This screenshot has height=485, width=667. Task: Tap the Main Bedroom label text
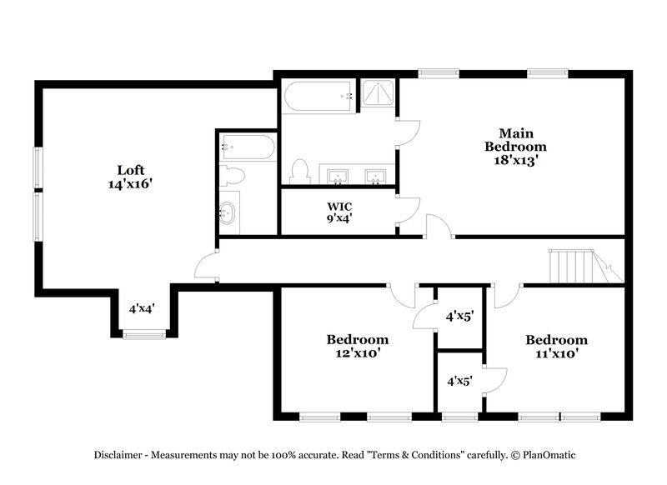click(x=515, y=139)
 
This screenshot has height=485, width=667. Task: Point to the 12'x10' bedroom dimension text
click(x=357, y=353)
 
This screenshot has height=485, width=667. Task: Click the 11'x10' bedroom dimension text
click(x=555, y=353)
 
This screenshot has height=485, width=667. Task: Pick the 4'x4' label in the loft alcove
click(x=142, y=308)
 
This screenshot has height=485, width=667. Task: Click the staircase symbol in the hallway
click(x=582, y=267)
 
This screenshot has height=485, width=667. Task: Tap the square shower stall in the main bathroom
click(x=378, y=94)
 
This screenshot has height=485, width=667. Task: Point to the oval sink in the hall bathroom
click(x=228, y=213)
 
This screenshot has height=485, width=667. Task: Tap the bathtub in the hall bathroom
click(x=247, y=148)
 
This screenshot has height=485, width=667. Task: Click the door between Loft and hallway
click(x=205, y=268)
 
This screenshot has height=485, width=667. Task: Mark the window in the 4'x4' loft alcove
click(x=143, y=335)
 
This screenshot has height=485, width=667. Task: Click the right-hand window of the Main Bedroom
click(x=547, y=73)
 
